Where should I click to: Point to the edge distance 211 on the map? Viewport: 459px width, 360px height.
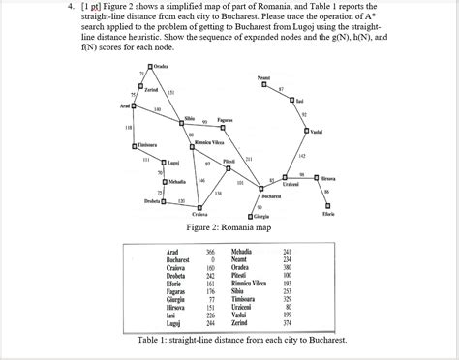tap(249, 158)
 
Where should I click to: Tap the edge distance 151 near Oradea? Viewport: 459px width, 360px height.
tap(170, 91)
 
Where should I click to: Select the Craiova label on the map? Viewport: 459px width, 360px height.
tap(200, 214)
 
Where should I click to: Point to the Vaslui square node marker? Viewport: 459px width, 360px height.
tap(314, 130)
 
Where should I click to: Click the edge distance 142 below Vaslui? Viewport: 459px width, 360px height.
tap(302, 155)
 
